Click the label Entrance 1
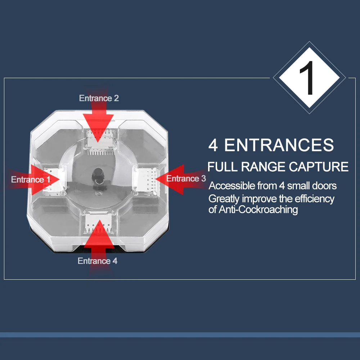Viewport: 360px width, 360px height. point(31,179)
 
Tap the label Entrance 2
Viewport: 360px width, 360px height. point(99,98)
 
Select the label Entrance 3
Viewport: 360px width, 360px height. point(186,179)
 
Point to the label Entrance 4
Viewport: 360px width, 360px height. point(98,261)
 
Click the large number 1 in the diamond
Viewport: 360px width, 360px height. point(307,78)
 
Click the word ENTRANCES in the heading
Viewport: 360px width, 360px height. point(279,145)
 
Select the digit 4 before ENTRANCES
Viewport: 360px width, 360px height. point(213,145)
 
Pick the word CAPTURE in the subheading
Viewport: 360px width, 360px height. point(319,167)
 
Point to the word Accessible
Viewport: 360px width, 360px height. point(231,186)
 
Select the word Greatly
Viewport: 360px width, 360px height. point(224,199)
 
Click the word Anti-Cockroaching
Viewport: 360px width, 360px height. point(258,210)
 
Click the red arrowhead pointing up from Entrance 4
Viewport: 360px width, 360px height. point(99,234)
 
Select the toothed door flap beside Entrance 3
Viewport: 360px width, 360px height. point(146,181)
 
